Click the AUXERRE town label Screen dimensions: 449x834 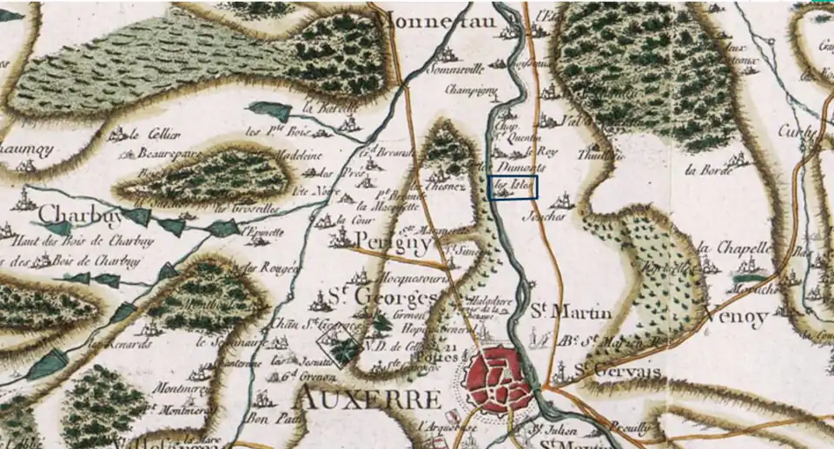[x=367, y=399]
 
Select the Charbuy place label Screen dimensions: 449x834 [x=77, y=214]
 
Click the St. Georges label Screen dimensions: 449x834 [x=382, y=298]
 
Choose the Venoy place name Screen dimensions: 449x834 [x=738, y=318]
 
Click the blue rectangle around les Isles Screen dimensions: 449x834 [x=513, y=187]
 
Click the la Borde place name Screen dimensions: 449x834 [x=703, y=169]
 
